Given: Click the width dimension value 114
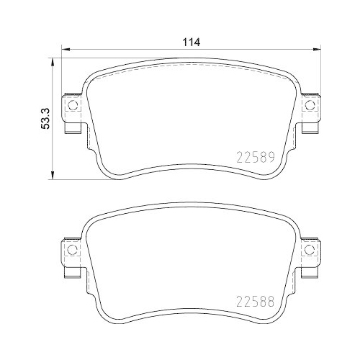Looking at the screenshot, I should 190,41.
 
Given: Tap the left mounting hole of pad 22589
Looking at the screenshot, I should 71,106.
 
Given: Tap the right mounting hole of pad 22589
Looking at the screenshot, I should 310,106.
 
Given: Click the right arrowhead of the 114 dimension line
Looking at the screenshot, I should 316,50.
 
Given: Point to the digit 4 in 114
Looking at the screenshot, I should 196,41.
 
